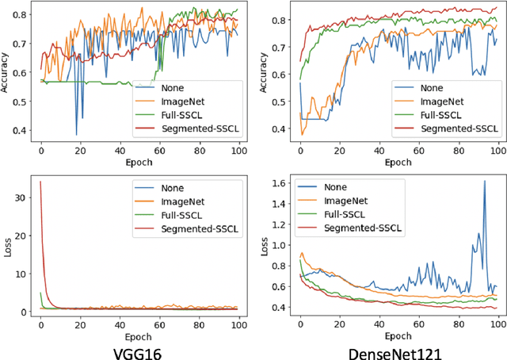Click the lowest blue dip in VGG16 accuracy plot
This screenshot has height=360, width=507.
(77, 135)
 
